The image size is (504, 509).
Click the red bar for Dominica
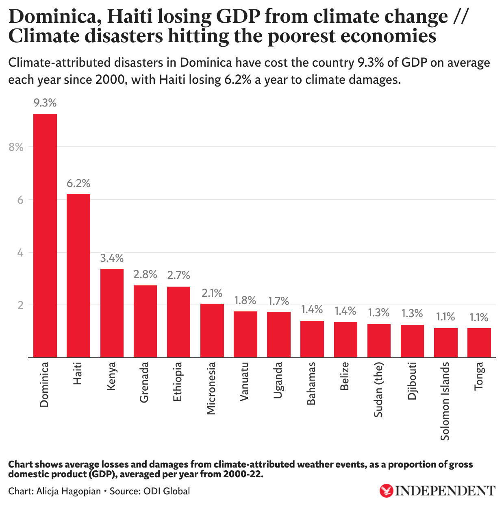45,236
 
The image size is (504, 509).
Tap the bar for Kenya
112,313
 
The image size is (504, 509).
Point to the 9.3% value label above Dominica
45,103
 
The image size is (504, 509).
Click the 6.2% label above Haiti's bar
78,183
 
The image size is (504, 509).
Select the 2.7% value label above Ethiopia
178,275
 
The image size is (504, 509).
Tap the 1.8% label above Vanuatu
245,300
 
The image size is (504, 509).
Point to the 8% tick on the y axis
16,147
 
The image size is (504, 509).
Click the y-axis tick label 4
20,253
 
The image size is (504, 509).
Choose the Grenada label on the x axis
144,382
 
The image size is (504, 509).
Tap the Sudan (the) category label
378,389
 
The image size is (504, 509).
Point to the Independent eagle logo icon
386,490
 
